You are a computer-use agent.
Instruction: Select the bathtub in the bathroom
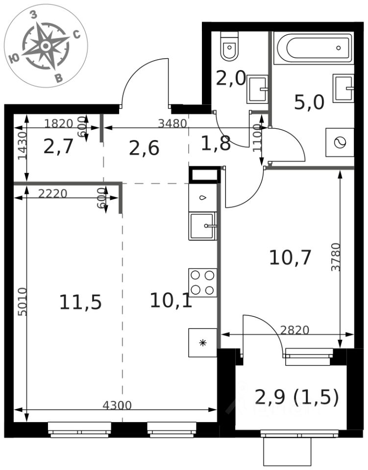pos(314,47)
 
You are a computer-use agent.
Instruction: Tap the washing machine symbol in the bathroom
pos(340,142)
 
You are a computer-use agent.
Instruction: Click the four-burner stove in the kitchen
pos(202,282)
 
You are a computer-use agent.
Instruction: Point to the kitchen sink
pos(202,226)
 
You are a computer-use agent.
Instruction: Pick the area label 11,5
pos(80,302)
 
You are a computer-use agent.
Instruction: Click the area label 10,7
pos(290,258)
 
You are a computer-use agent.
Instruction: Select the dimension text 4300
pos(117,405)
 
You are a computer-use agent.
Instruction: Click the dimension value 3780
pos(336,257)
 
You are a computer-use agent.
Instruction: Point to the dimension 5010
pos(23,302)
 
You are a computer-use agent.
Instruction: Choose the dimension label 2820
pos(294,330)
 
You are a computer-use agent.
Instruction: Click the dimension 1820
pos(59,123)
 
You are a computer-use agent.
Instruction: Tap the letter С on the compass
pos(77,35)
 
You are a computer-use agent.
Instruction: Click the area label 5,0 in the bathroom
pos(309,102)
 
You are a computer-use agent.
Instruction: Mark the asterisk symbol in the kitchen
pos(203,343)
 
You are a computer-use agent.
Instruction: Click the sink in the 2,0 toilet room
pos(258,89)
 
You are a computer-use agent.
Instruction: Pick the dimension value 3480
pos(172,123)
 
